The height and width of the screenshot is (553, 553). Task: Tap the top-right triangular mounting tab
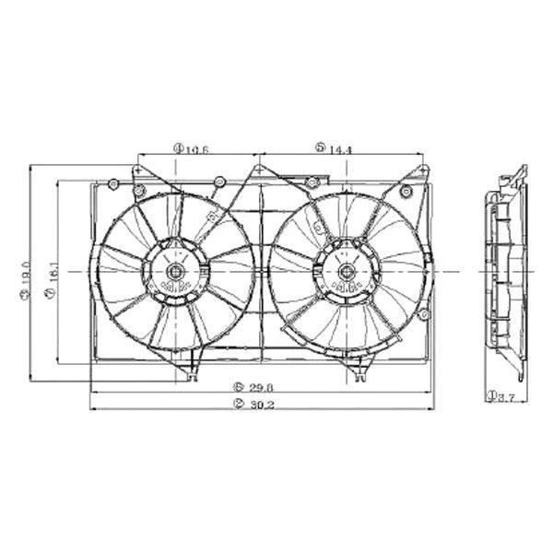424,173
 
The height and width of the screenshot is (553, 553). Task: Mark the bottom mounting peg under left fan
193,371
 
